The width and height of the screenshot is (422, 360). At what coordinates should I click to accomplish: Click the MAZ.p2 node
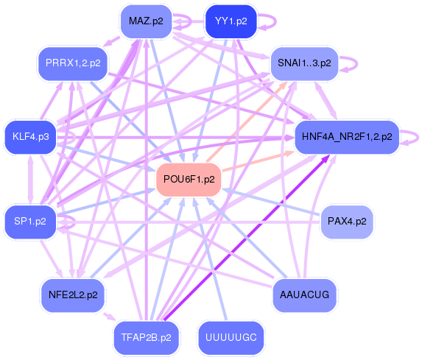pos(146,21)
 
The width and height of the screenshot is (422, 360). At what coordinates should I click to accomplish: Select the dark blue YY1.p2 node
pos(231,21)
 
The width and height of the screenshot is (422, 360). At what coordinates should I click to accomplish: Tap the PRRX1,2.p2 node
pos(73,63)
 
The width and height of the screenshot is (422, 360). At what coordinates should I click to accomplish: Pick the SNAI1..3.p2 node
pos(304,63)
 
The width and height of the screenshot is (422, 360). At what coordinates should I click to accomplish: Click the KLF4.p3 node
pos(30,137)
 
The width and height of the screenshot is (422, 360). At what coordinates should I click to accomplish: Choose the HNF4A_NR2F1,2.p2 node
pos(347,137)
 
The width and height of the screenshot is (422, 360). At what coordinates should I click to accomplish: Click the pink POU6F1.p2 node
pos(189,180)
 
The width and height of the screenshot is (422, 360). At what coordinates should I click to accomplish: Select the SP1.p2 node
pos(30,222)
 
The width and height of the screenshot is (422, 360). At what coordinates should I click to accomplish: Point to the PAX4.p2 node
pos(347,222)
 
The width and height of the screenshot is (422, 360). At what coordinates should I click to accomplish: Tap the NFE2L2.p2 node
pos(73,295)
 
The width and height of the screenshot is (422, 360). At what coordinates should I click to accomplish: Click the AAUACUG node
pos(304,295)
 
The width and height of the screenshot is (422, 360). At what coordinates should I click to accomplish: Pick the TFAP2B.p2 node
pos(146,338)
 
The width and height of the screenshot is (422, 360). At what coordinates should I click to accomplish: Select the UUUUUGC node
pos(231,338)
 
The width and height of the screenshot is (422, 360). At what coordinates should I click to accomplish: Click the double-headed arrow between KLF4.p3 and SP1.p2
pos(30,180)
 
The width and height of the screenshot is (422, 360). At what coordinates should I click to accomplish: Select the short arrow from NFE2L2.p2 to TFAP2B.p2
pos(109,316)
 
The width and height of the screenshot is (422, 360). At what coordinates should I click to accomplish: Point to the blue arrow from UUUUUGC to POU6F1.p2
pos(210,258)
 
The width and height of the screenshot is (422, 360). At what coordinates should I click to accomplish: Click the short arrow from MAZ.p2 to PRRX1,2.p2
pos(111,41)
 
